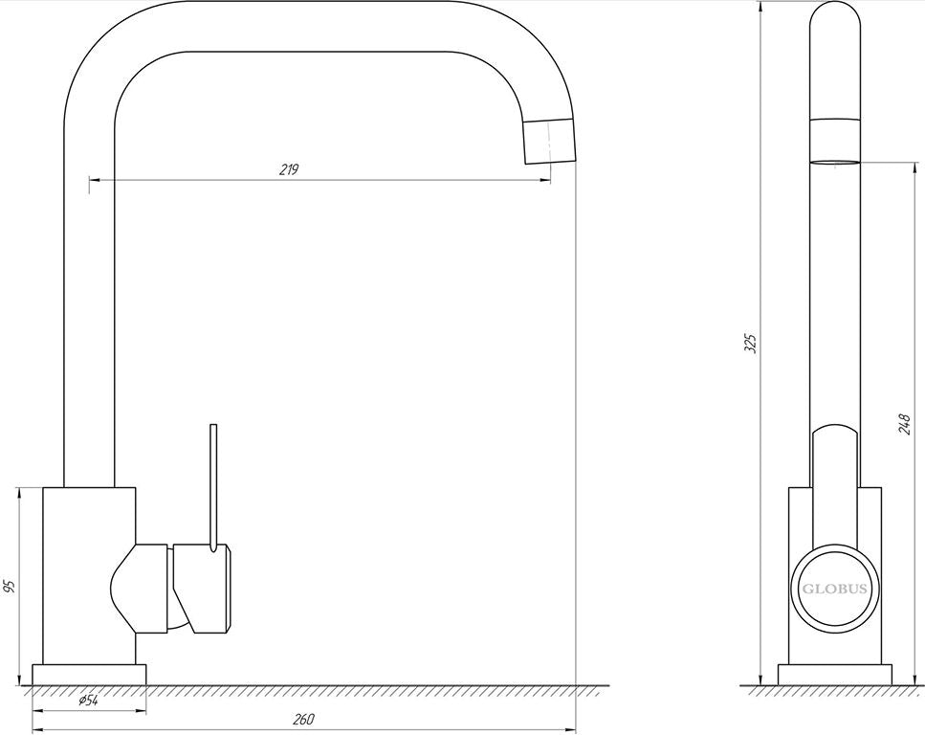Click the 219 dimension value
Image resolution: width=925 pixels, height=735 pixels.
pyautogui.click(x=289, y=170)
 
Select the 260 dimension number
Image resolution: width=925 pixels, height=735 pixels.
pyautogui.click(x=304, y=719)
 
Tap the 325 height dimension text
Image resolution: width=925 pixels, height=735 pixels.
pyautogui.click(x=750, y=343)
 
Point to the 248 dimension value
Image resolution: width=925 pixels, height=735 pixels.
pyautogui.click(x=904, y=425)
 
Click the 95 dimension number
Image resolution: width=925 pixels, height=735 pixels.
pyautogui.click(x=9, y=587)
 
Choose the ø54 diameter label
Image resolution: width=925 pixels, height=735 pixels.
pyautogui.click(x=89, y=701)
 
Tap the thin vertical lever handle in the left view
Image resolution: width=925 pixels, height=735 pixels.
pyautogui.click(x=213, y=488)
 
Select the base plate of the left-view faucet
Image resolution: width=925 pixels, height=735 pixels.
pyautogui.click(x=89, y=675)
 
